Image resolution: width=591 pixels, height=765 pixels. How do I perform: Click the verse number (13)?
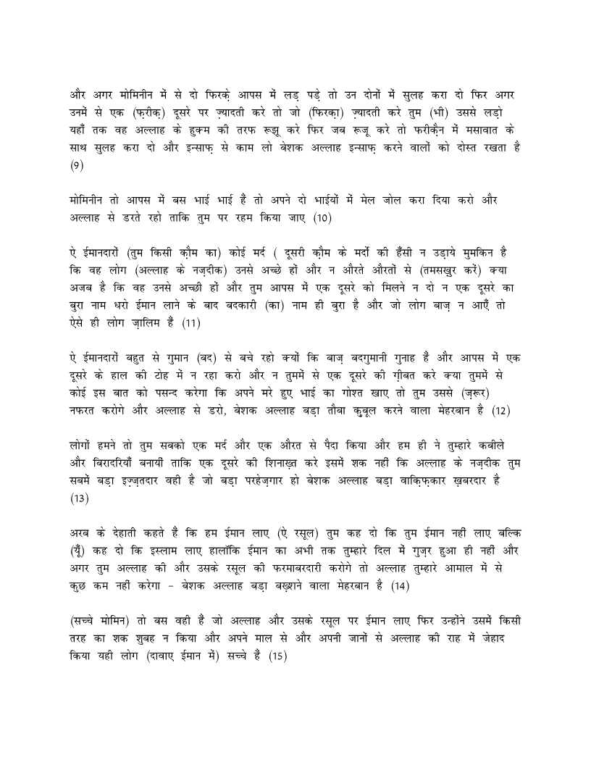(78, 498)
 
